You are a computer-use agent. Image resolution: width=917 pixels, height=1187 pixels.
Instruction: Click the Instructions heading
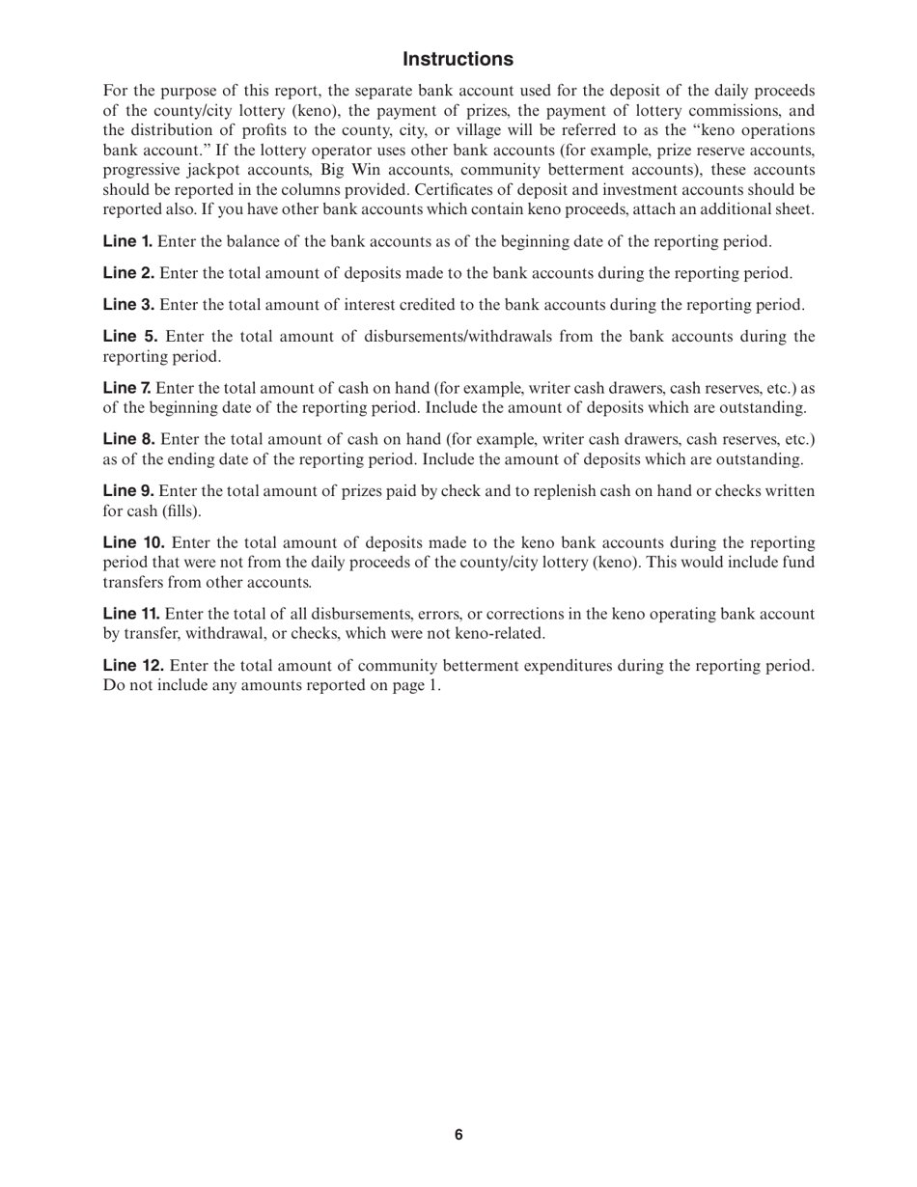[458, 60]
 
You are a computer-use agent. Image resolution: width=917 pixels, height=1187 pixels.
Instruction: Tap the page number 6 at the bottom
[458, 1135]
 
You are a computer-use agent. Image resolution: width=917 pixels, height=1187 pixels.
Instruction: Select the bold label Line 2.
[128, 273]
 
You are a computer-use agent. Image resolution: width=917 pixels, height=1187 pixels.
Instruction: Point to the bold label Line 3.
[128, 305]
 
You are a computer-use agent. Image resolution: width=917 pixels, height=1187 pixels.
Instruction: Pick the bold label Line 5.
[129, 337]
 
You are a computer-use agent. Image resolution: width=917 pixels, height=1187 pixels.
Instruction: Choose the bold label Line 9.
[128, 491]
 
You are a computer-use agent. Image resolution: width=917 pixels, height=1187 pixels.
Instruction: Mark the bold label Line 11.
[131, 614]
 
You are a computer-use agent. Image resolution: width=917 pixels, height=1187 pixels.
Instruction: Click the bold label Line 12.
[133, 666]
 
